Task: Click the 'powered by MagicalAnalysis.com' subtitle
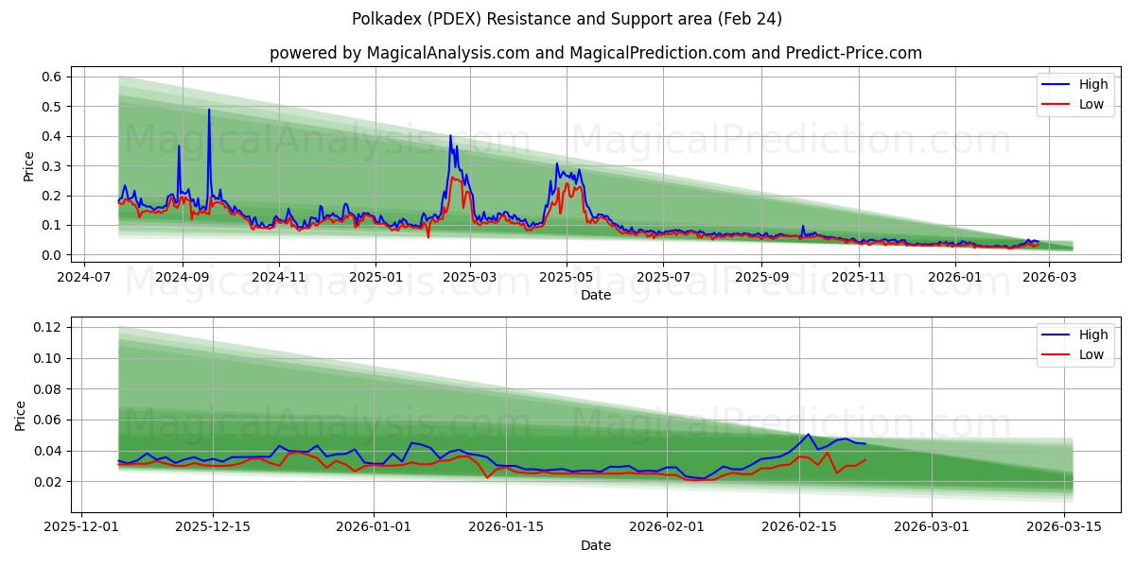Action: point(595,53)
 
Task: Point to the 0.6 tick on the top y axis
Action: point(51,77)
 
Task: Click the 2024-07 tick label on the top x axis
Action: point(85,277)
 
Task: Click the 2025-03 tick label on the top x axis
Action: point(470,277)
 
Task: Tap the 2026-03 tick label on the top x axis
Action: point(1050,277)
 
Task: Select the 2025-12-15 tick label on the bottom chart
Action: point(212,527)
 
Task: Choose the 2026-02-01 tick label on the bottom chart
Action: point(667,527)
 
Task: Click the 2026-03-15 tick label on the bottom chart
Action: point(1065,527)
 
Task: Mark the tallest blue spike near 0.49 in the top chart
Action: point(209,110)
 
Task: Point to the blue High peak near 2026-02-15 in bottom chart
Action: point(808,435)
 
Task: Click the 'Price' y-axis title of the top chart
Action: point(29,166)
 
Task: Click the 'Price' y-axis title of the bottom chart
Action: point(22,416)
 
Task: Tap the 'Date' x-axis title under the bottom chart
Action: point(595,545)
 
